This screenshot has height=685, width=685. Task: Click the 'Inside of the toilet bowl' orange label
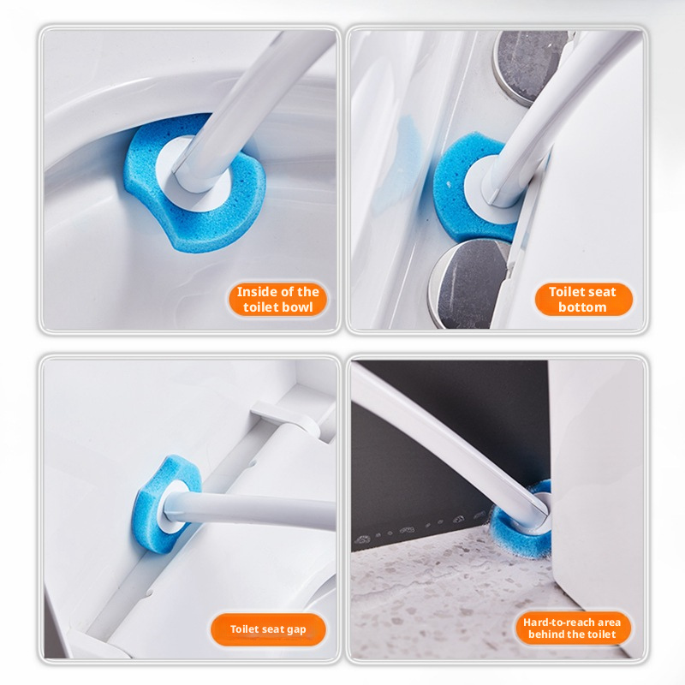[x=277, y=299]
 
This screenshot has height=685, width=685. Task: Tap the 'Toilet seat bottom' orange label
[x=583, y=299]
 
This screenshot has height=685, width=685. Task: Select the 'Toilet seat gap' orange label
[x=268, y=629]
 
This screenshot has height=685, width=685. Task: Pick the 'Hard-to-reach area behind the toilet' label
[x=572, y=628]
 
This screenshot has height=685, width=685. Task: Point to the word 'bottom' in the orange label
[x=582, y=307]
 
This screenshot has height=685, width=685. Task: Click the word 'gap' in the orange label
[x=296, y=630]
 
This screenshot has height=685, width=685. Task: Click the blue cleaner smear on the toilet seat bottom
[x=404, y=162]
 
